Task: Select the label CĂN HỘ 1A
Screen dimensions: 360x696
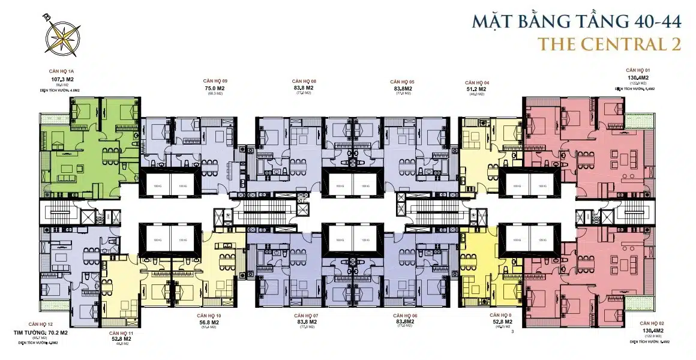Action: pos(62,71)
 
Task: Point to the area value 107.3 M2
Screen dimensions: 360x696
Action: pos(62,79)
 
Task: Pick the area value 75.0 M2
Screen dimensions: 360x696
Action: pos(215,88)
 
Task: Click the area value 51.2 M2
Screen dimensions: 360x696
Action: pos(475,89)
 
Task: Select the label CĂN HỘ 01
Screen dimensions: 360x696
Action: pos(637,70)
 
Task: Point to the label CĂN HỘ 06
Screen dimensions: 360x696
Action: pos(406,316)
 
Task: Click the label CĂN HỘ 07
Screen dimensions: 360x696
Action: pos(306,316)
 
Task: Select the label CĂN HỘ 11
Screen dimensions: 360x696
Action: pos(121,332)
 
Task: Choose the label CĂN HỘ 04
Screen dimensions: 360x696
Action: pos(477,82)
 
